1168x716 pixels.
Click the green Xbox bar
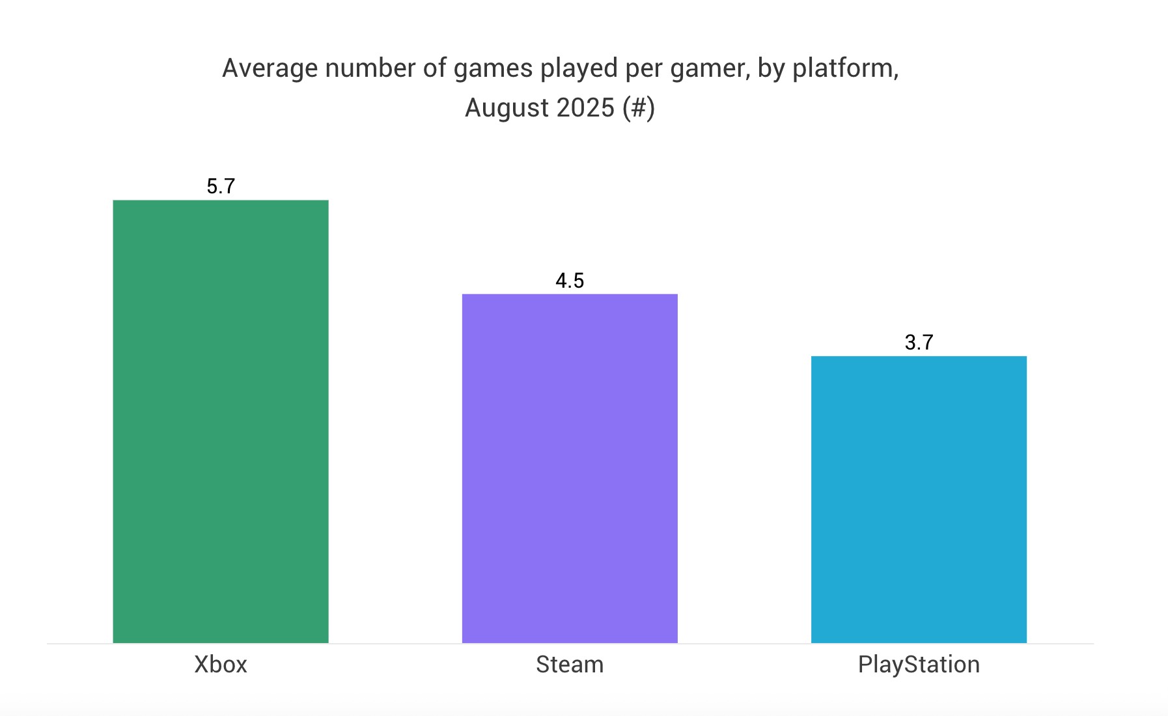221,421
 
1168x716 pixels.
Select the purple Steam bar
570,468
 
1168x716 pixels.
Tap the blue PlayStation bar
919,499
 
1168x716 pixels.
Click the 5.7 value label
221,186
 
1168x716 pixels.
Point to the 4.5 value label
570,281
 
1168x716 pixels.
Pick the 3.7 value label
919,342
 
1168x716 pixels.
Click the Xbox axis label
221,665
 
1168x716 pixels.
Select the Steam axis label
570,665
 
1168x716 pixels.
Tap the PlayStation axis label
919,665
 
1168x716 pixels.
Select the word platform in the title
845,68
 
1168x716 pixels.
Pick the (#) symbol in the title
638,107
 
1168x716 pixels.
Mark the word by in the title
771,68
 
